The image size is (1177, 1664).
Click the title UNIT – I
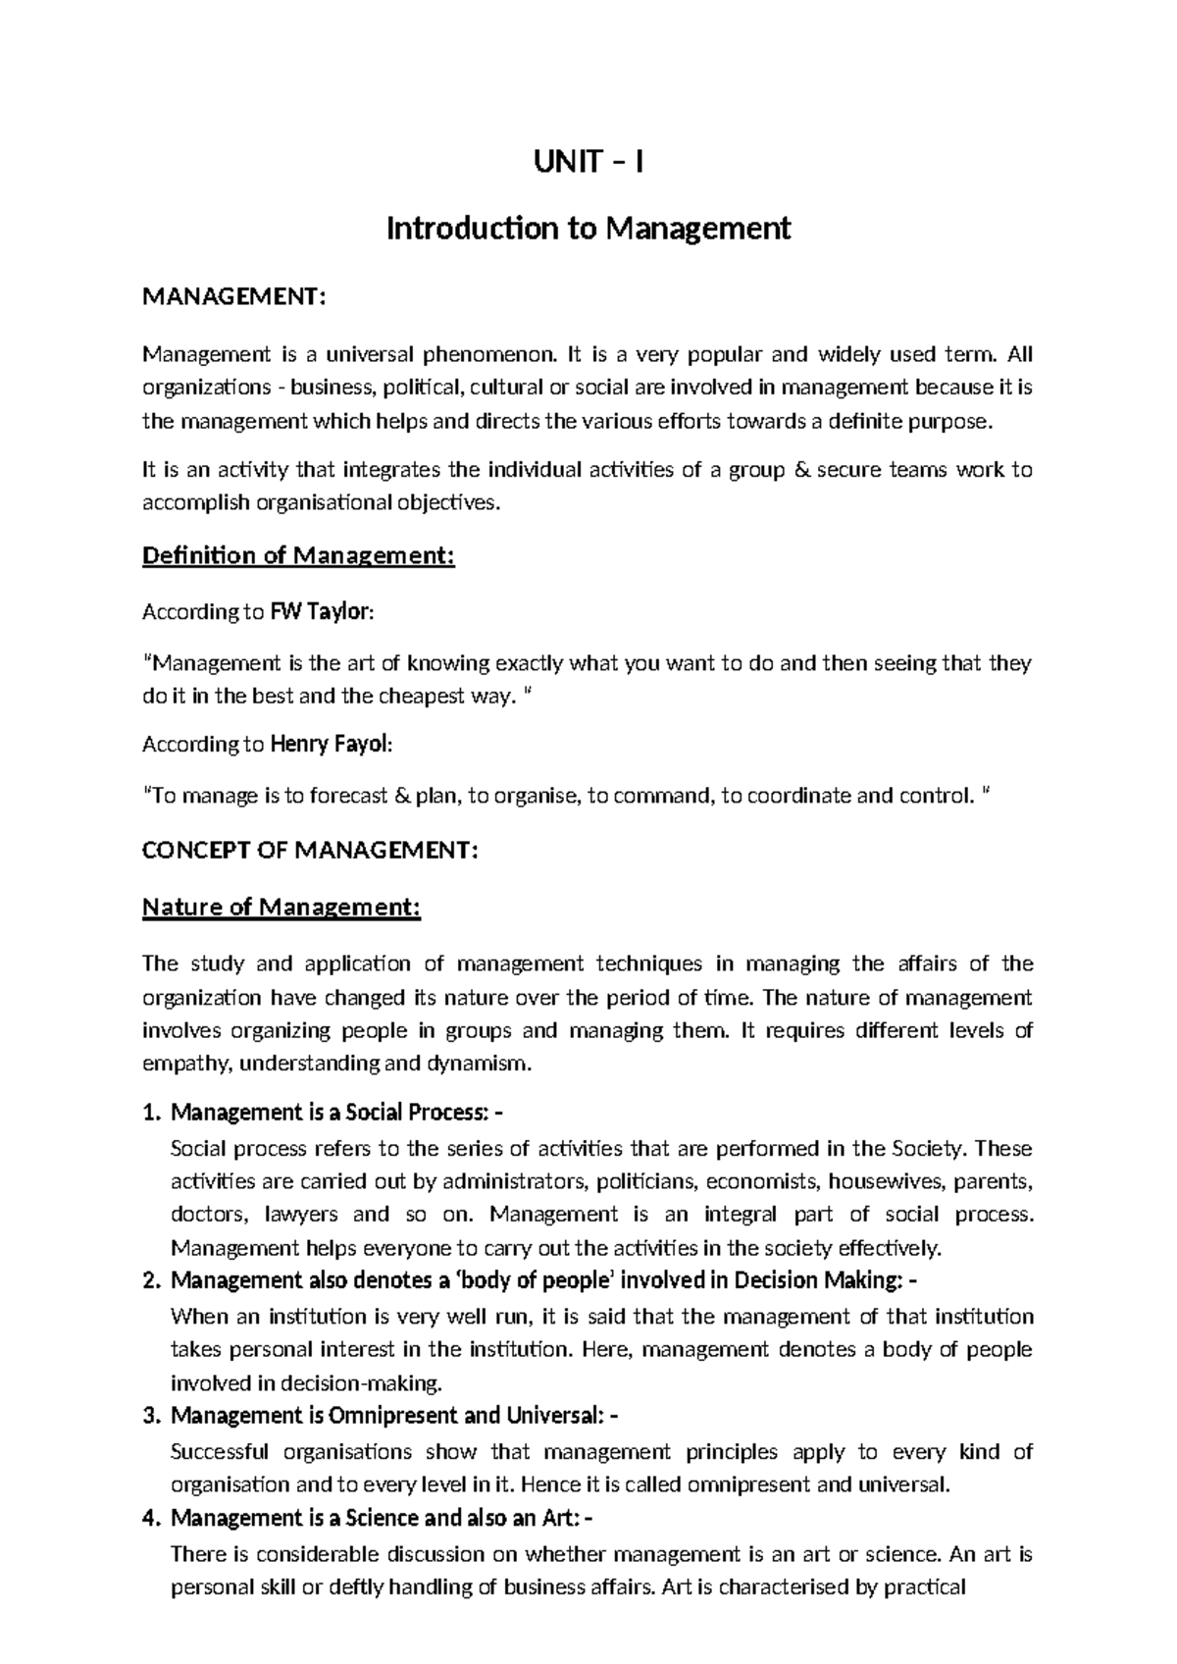(x=588, y=161)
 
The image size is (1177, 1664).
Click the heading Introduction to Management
(x=588, y=229)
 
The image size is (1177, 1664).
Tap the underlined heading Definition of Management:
(x=299, y=556)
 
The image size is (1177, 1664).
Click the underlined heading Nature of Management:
(x=281, y=908)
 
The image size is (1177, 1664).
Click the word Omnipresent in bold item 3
(x=393, y=1416)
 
